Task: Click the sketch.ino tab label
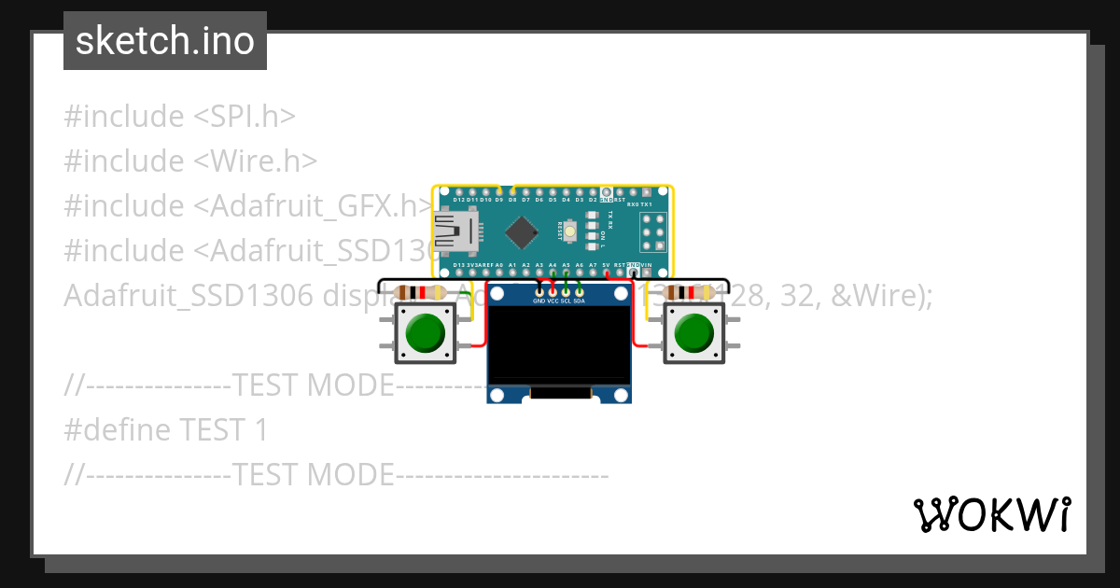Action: tap(165, 41)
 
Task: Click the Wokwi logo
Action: tap(991, 514)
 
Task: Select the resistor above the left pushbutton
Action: tap(422, 293)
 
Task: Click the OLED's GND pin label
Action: tap(539, 301)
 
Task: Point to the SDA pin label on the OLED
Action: tap(580, 301)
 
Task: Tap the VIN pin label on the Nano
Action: tap(647, 265)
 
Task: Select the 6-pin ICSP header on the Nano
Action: tap(652, 231)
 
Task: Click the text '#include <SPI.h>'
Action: tap(180, 117)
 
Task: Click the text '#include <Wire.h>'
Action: tap(190, 161)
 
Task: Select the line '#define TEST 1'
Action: tap(166, 430)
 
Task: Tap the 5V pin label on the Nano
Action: tap(606, 265)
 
